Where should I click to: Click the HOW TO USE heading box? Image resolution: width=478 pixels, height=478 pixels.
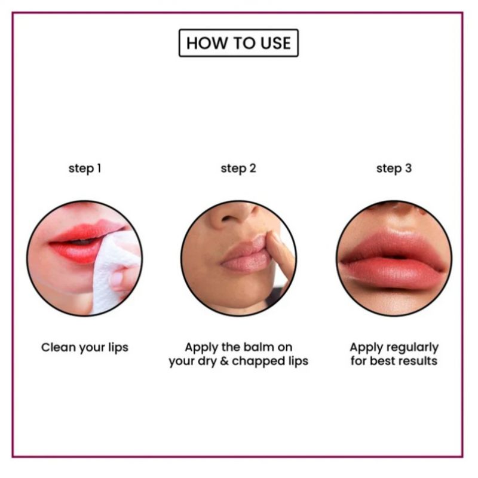tap(238, 42)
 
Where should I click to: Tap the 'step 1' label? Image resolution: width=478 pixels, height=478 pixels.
tap(85, 168)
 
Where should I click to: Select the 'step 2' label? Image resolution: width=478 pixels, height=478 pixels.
tap(238, 168)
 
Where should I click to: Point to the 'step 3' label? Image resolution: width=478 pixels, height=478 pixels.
tap(394, 168)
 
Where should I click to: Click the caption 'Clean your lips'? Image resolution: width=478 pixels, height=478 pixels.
tap(85, 348)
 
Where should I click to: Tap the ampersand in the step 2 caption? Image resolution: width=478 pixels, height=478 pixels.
tap(225, 361)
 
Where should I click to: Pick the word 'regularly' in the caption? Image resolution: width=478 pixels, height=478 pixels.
tap(410, 348)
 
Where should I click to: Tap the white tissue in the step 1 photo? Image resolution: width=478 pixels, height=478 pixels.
tap(114, 271)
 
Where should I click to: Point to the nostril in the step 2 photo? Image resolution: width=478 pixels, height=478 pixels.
tap(228, 219)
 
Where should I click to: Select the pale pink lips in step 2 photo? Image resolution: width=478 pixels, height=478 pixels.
tap(246, 255)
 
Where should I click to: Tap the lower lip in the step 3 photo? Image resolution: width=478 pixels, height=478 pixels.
tap(393, 274)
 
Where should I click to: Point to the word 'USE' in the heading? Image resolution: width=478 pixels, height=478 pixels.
tap(275, 43)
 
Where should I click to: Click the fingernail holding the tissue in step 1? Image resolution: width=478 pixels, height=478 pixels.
tap(117, 278)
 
